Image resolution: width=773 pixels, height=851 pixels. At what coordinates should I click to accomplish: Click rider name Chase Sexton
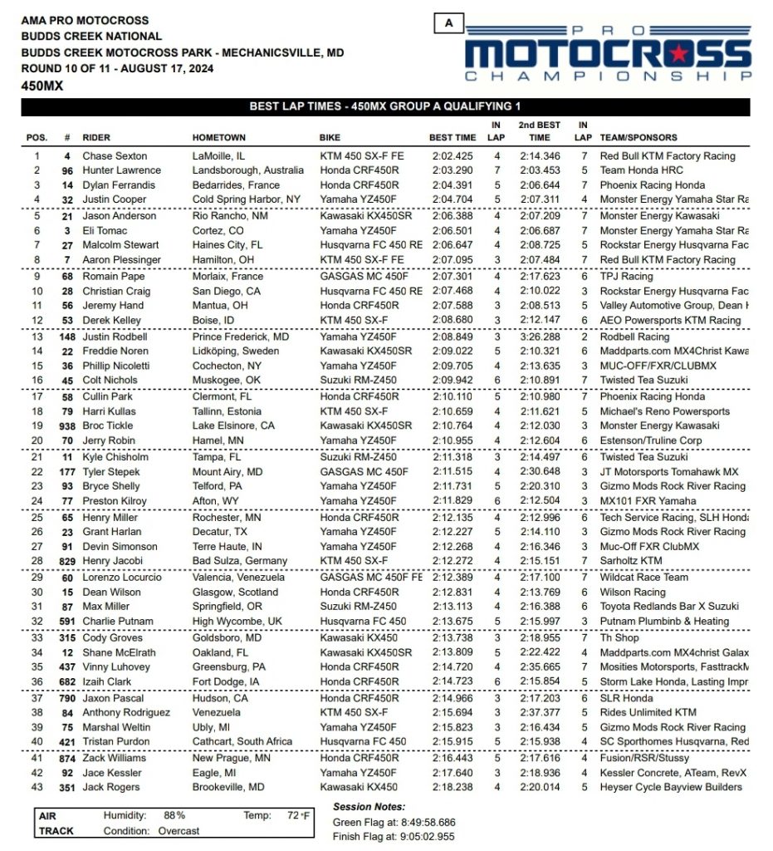(115, 156)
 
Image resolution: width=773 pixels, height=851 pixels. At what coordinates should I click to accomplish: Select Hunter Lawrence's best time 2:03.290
(453, 170)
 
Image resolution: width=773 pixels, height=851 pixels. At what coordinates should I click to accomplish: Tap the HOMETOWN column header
(219, 138)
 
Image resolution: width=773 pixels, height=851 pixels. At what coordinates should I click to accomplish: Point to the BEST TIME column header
(453, 138)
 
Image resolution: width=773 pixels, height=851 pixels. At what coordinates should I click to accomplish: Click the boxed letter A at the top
(449, 23)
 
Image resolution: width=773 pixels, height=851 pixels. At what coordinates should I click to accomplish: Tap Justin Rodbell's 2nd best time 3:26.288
(539, 338)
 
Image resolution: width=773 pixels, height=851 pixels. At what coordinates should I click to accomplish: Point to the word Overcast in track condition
(179, 831)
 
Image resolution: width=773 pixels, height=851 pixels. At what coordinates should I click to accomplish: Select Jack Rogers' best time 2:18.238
(453, 788)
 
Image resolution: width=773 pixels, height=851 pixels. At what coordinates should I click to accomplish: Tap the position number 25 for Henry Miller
(37, 518)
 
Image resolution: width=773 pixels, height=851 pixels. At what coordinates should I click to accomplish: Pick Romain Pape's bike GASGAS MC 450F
(360, 277)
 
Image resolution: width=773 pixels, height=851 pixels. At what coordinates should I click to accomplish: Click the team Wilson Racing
(633, 593)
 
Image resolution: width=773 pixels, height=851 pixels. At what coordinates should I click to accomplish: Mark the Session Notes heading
(369, 807)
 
